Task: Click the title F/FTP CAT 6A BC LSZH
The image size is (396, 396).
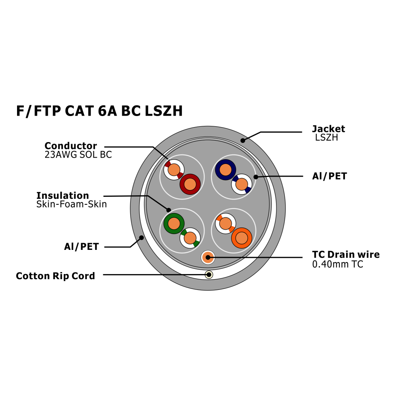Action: (99, 111)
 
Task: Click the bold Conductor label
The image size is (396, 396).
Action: (70, 146)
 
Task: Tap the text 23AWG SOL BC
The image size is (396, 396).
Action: (78, 155)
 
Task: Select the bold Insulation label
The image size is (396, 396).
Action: (63, 196)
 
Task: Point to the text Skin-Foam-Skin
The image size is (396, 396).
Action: (71, 204)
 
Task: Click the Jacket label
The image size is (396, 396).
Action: (328, 129)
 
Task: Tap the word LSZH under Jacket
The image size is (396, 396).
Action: (326, 138)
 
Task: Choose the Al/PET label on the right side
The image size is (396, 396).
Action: (329, 177)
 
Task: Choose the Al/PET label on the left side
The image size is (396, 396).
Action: (81, 247)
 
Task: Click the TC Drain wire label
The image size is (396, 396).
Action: (346, 255)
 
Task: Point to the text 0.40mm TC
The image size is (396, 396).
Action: (337, 264)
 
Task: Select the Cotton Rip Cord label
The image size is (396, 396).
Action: (55, 276)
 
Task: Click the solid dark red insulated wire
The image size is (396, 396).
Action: (190, 184)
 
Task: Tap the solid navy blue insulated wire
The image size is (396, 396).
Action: (225, 169)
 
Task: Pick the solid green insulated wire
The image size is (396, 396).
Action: (174, 224)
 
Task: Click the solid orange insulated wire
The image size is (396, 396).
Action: (242, 238)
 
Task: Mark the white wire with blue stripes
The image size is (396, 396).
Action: (242, 184)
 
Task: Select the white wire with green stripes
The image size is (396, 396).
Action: (190, 238)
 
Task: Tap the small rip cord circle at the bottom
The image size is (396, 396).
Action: (209, 275)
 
